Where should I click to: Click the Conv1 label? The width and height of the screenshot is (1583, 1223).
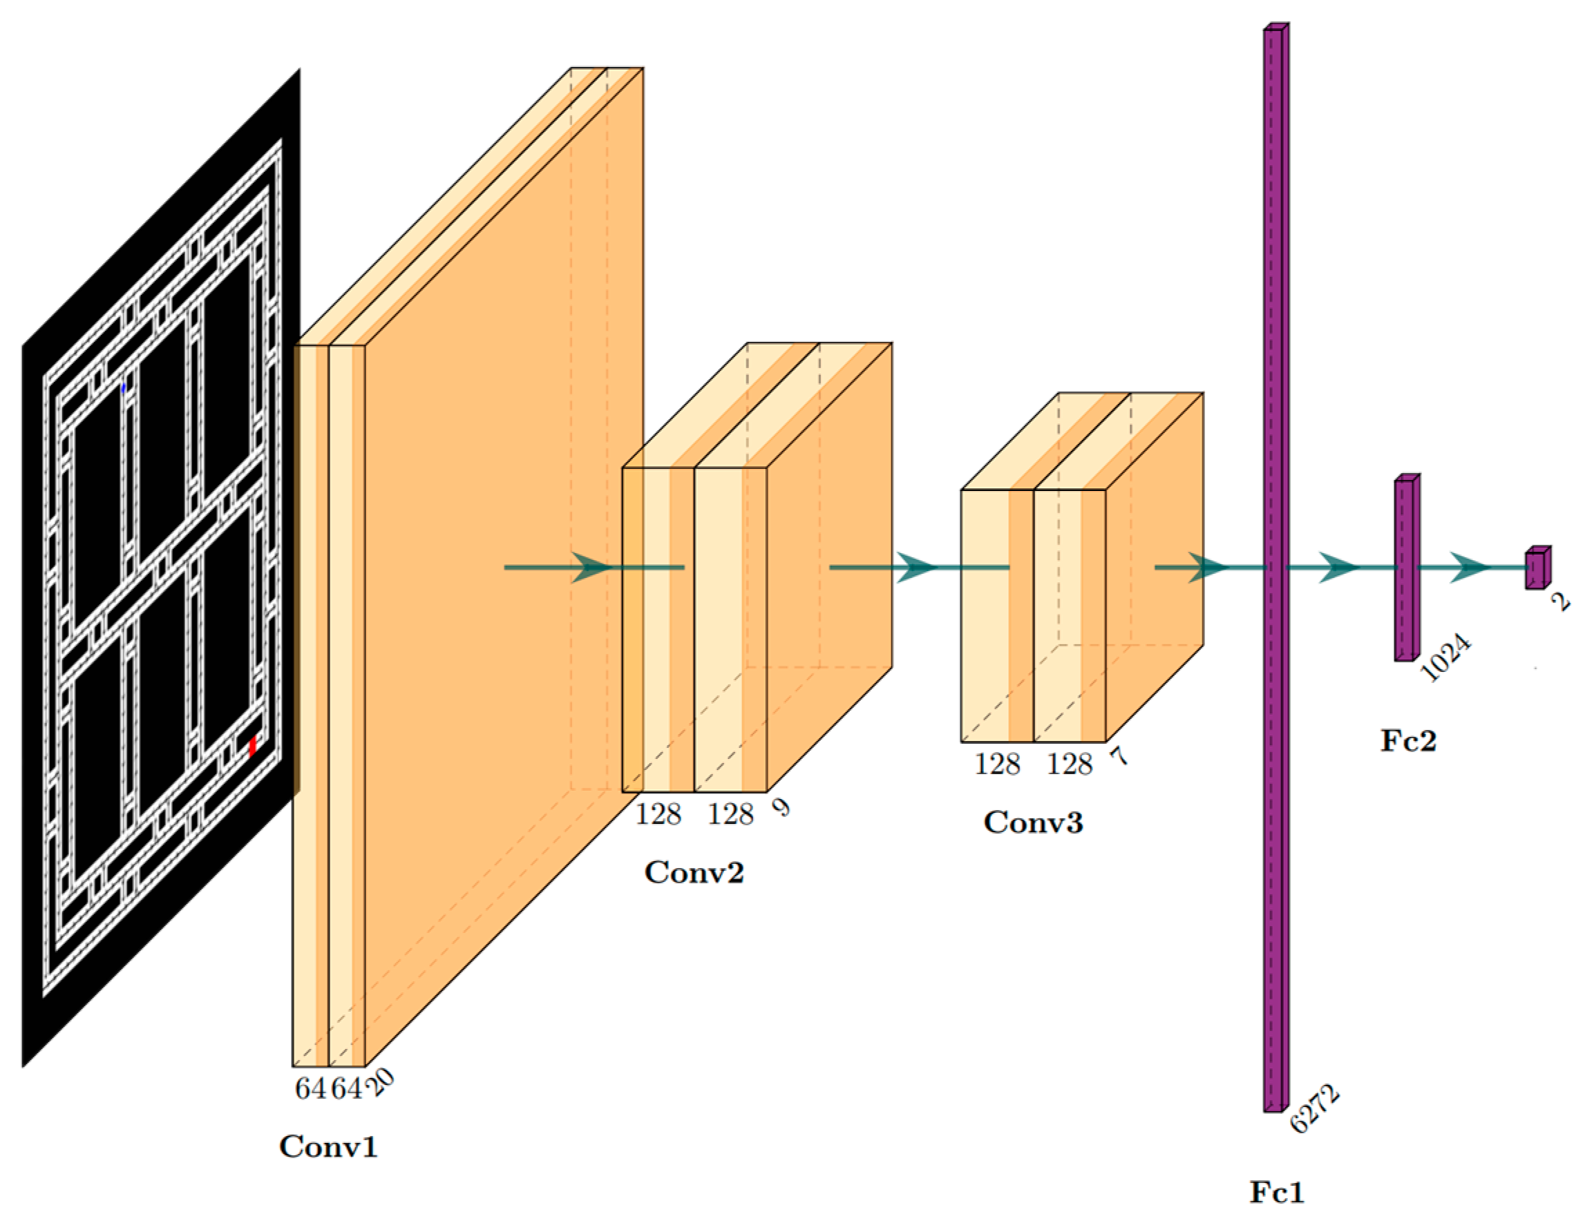click(328, 1146)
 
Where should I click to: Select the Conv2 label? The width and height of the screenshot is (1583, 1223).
click(694, 871)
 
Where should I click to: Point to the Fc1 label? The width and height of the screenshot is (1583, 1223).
click(1276, 1192)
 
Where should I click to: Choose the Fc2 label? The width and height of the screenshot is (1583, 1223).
click(1407, 740)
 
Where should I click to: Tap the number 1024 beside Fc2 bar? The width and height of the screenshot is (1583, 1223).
click(1447, 659)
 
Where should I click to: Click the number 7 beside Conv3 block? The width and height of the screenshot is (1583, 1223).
click(1119, 756)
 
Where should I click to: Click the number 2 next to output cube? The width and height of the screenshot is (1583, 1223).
click(1560, 601)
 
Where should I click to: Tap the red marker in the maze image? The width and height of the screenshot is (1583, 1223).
click(253, 747)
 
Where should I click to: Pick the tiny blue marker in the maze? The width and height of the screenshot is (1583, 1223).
click(124, 389)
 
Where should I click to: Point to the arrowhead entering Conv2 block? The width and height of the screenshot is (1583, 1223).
click(592, 568)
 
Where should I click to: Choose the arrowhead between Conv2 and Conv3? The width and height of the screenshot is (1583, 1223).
click(917, 568)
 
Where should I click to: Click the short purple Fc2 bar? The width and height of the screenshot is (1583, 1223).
click(1406, 569)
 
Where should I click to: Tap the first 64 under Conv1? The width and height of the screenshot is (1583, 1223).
click(311, 1088)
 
